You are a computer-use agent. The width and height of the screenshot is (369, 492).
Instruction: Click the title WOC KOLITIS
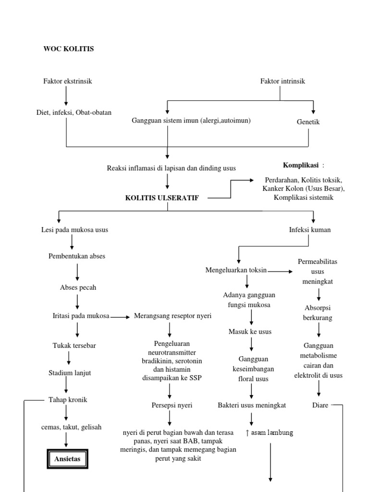coord(69,49)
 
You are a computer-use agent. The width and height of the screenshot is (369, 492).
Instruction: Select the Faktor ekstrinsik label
coord(67,81)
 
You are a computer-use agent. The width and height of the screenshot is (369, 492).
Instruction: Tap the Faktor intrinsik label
coord(283,81)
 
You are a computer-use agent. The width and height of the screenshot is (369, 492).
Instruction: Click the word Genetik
coord(308,122)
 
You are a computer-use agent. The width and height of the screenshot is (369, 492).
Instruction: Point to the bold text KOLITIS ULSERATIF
coord(161,198)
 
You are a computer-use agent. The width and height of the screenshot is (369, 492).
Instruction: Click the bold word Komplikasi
coord(301,165)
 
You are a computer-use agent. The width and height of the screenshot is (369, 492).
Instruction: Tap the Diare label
coord(320,405)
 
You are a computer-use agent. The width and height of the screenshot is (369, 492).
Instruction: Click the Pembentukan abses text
coord(77,256)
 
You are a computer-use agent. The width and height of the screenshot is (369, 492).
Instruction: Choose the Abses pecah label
coord(78,287)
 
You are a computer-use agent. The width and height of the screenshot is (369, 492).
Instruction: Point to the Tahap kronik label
coord(68,400)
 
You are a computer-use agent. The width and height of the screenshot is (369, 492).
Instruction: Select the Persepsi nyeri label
coord(172,405)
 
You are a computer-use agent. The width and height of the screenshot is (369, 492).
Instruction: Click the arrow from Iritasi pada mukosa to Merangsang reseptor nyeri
coord(120,317)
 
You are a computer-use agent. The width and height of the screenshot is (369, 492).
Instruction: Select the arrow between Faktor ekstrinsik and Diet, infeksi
coord(66,96)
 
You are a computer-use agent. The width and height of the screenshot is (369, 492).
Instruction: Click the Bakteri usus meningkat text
coord(252,405)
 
